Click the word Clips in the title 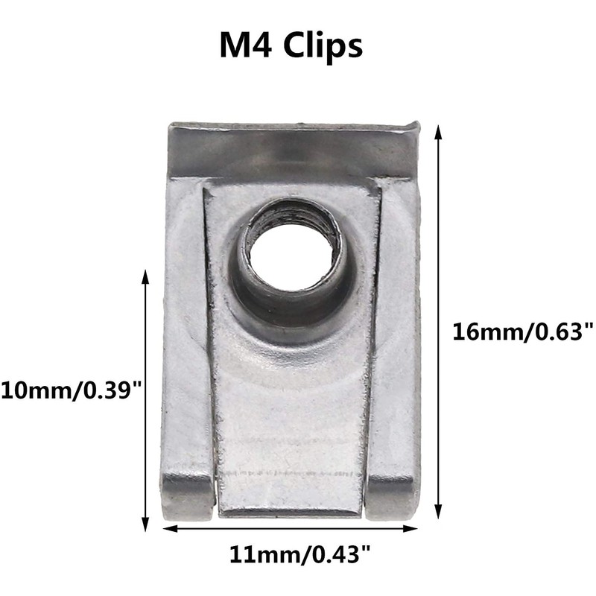pos(322,45)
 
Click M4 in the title pos(247,45)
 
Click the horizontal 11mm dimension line pos(223,529)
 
